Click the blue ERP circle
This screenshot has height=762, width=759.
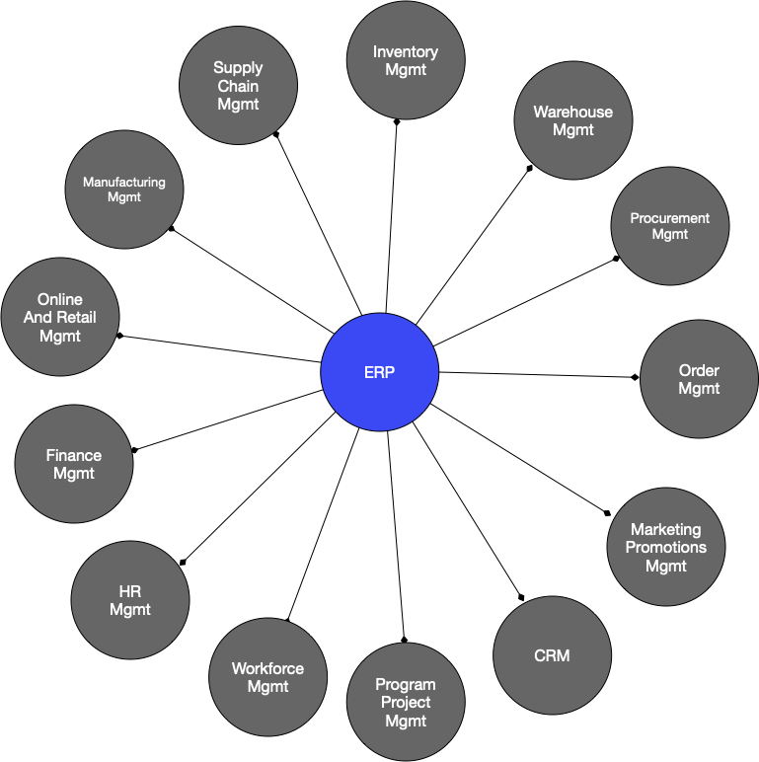379,372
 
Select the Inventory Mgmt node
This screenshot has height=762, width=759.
406,60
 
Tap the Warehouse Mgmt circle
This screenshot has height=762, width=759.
572,120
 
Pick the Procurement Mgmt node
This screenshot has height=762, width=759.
669,226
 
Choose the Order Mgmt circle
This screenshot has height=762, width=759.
699,379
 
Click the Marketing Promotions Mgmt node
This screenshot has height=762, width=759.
666,548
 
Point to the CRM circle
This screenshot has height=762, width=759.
552,655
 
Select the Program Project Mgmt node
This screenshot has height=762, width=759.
406,702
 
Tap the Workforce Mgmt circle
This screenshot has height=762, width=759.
267,677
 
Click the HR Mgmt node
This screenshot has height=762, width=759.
130,600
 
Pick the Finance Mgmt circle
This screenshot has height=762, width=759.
74,464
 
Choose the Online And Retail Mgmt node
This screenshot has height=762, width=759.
60,317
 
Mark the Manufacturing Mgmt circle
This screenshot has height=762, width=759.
124,190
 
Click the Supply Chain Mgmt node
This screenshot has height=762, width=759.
238,86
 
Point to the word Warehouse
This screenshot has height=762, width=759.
572,112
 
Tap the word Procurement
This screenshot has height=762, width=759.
669,218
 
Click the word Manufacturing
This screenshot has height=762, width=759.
124,183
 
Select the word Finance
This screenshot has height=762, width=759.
74,455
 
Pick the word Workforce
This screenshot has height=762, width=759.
267,668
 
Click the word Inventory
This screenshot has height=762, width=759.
406,51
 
